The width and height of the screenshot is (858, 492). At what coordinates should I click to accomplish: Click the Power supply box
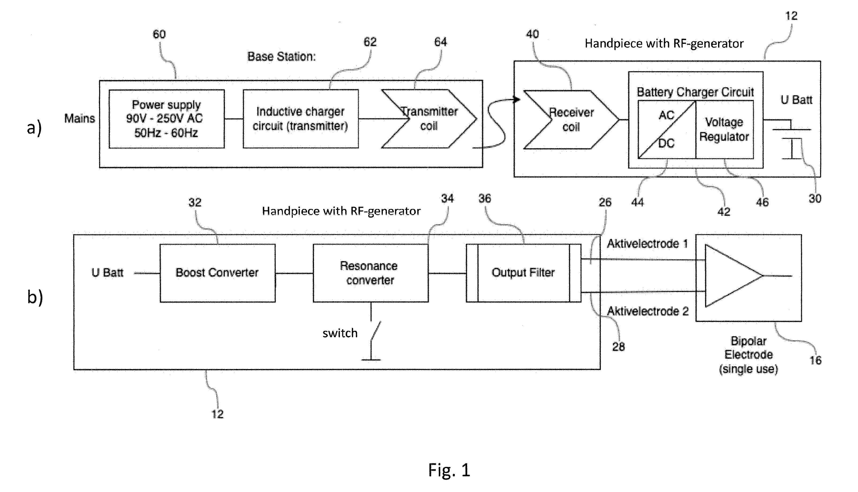pyautogui.click(x=166, y=119)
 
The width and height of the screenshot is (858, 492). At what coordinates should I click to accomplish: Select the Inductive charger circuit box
pyautogui.click(x=301, y=119)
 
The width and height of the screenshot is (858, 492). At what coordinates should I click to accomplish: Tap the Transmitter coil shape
pyautogui.click(x=429, y=119)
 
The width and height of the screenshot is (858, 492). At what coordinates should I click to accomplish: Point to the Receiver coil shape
pyautogui.click(x=571, y=120)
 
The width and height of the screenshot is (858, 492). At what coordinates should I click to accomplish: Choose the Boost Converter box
pyautogui.click(x=218, y=273)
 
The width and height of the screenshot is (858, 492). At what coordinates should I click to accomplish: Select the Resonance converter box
pyautogui.click(x=371, y=273)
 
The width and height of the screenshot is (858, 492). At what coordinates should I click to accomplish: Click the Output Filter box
pyautogui.click(x=524, y=273)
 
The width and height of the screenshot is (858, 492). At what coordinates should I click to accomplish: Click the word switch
pyautogui.click(x=340, y=333)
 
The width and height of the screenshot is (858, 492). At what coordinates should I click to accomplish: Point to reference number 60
pyautogui.click(x=159, y=34)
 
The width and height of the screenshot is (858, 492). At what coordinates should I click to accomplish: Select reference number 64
pyautogui.click(x=441, y=42)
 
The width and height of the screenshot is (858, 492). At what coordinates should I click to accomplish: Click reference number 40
pyautogui.click(x=532, y=34)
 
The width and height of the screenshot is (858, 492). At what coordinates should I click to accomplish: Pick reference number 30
pyautogui.click(x=815, y=198)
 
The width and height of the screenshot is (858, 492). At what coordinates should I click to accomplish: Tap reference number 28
pyautogui.click(x=619, y=347)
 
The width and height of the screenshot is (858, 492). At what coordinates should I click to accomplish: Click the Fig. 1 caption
pyautogui.click(x=449, y=470)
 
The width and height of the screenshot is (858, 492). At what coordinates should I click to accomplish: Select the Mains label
pyautogui.click(x=80, y=119)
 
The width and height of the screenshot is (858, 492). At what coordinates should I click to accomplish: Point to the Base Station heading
pyautogui.click(x=281, y=56)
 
